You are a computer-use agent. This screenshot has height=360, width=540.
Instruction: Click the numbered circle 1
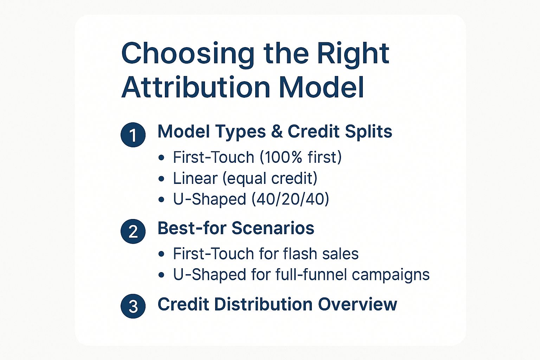pyautogui.click(x=133, y=135)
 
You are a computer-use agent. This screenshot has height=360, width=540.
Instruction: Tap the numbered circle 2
pyautogui.click(x=133, y=231)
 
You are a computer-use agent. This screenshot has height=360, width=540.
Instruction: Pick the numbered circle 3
pyautogui.click(x=133, y=306)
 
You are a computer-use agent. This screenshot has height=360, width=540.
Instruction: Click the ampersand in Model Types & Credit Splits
pyautogui.click(x=277, y=132)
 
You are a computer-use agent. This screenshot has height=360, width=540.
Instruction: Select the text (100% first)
pyautogui.click(x=301, y=157)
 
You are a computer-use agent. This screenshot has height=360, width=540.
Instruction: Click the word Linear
pyautogui.click(x=195, y=178)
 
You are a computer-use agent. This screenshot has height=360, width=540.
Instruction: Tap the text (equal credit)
pyautogui.click(x=270, y=178)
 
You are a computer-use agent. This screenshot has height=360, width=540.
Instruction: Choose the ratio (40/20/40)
pyautogui.click(x=290, y=199)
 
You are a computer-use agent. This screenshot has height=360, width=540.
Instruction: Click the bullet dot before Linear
pyautogui.click(x=161, y=179)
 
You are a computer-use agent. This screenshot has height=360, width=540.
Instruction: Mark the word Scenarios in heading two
pyautogui.click(x=273, y=228)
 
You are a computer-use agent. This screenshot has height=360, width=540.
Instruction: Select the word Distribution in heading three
pyautogui.click(x=263, y=304)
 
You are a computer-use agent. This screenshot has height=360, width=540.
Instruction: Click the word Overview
pyautogui.click(x=358, y=304)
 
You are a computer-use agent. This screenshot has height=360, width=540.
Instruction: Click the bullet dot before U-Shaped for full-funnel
pyautogui.click(x=161, y=275)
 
